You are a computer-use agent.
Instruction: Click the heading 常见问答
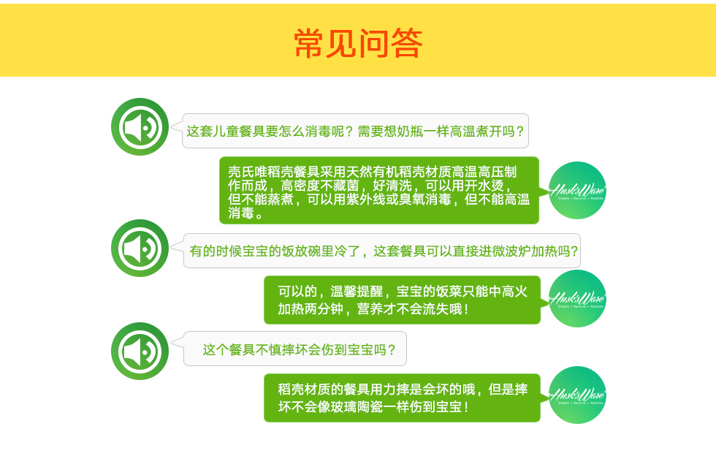pos(358,43)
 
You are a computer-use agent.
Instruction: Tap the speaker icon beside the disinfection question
pos(140,126)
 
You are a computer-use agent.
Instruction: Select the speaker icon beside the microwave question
pos(140,248)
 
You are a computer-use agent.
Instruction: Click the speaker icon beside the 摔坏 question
pos(140,351)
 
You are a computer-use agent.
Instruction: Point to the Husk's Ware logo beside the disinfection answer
pos(577,190)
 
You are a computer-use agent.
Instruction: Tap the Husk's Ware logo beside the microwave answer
pos(577,298)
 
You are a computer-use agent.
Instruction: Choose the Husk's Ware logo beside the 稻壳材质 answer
pos(577,395)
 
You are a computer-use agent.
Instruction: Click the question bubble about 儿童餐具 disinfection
pos(355,131)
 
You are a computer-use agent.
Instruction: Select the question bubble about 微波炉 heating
pos(381,251)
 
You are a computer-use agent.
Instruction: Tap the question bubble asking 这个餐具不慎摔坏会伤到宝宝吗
pos(295,349)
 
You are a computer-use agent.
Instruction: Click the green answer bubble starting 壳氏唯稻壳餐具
pos(379,191)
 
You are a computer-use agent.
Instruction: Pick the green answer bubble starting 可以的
pos(403,300)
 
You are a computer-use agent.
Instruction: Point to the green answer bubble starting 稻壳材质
pos(403,398)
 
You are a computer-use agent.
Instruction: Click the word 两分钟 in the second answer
pos(324,309)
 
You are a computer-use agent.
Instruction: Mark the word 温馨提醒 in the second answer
pos(357,292)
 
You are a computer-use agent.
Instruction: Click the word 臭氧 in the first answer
pos(412,200)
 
